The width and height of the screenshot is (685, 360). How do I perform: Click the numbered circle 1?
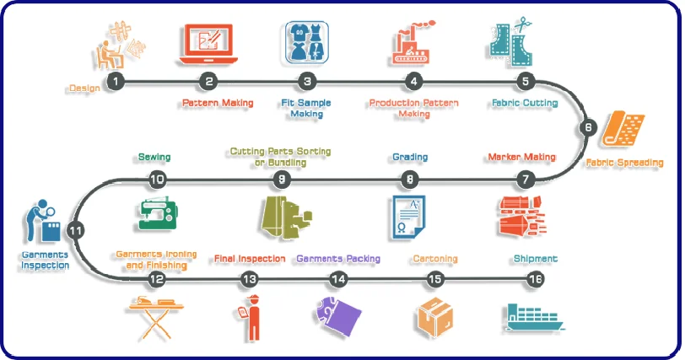pyautogui.click(x=116, y=81)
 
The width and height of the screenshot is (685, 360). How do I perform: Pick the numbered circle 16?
pyautogui.click(x=536, y=279)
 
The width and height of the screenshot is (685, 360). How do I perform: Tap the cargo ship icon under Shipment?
pyautogui.click(x=536, y=317)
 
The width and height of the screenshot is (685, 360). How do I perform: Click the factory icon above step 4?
pyautogui.click(x=413, y=44)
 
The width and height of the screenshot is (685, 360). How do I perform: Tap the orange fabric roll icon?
pyautogui.click(x=625, y=132)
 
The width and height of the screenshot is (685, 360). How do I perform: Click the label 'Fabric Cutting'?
pyautogui.click(x=525, y=104)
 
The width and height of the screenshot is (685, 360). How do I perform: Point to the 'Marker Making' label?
pyautogui.click(x=521, y=157)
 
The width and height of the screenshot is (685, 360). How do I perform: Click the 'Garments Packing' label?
pyautogui.click(x=338, y=259)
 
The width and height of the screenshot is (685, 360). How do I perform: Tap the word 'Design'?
pyautogui.click(x=84, y=88)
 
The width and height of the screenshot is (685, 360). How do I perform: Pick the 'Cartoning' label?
pyautogui.click(x=434, y=259)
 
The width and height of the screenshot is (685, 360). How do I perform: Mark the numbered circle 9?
pyautogui.click(x=282, y=179)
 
